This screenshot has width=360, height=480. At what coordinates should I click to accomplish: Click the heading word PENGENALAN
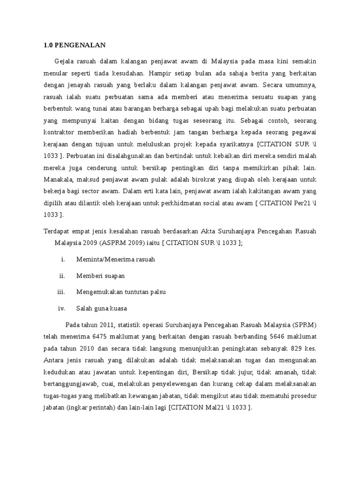click(80, 45)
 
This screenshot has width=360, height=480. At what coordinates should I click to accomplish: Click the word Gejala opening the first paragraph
click(64, 61)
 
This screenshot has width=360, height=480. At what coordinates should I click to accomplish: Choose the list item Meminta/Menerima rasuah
click(115, 259)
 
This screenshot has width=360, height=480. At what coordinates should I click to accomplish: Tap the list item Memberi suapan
click(100, 276)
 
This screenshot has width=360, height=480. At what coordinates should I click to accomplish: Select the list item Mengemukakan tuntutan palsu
click(121, 292)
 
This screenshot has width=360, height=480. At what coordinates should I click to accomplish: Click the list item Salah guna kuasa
click(101, 308)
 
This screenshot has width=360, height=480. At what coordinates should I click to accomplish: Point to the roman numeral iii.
click(60, 292)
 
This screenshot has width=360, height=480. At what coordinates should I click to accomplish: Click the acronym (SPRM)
click(304, 324)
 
